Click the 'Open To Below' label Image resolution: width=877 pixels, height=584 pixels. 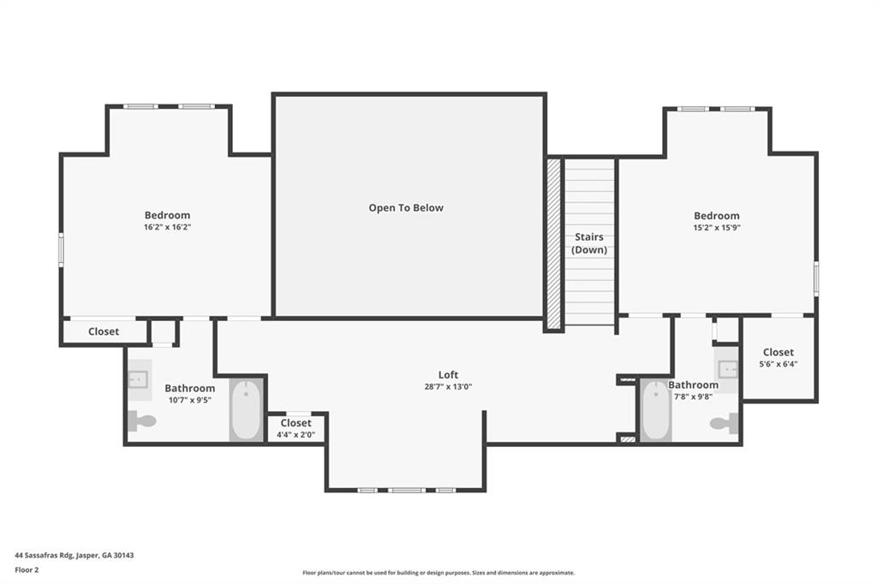pos(406,208)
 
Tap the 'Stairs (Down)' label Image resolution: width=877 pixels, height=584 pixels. pos(589,243)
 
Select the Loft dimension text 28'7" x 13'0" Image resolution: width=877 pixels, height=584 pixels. pos(448,387)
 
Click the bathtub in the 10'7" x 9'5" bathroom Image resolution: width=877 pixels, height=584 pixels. pos(247,411)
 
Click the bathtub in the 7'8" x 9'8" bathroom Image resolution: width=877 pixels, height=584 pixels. pos(656,411)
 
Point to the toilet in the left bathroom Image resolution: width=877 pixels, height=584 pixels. pos(141,420)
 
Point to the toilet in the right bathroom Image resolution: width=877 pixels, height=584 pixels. pos(725,422)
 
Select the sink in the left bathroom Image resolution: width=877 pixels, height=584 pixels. pos(139,378)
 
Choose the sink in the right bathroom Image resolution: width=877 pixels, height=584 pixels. pos(727,370)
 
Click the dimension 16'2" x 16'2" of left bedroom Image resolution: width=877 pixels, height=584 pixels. pos(167,228)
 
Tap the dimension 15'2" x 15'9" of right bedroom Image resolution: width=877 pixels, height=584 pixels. pos(716,229)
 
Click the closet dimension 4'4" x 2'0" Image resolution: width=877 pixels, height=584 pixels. pos(295,435)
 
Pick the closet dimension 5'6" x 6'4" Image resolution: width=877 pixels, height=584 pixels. pos(778,365)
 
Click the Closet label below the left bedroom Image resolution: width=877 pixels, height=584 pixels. pos(104,331)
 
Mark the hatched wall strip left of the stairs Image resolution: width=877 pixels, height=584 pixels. pos(554,243)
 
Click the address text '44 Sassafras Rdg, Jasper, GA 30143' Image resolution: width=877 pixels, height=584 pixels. pos(74,555)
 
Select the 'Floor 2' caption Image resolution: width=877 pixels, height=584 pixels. pos(27,569)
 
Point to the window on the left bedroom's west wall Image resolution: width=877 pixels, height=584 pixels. pos(61,247)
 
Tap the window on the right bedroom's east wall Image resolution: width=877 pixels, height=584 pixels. pos(816,278)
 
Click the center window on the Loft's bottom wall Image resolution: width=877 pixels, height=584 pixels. pos(406,490)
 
